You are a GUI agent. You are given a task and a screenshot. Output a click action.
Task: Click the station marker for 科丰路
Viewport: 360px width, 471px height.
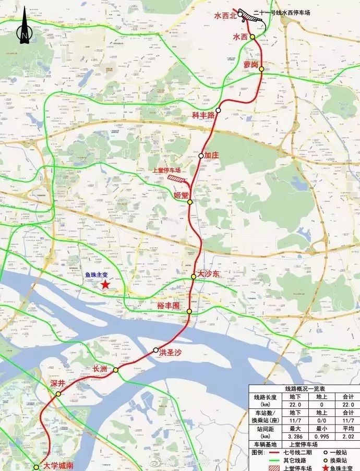pyautogui.click(x=219, y=111)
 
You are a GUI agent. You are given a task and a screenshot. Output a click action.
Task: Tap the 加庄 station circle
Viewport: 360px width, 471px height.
pyautogui.click(x=201, y=155)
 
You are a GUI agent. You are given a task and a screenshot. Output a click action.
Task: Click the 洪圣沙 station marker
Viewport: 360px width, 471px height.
pyautogui.click(x=156, y=349)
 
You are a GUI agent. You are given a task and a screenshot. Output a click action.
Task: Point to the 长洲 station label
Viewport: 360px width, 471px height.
pyautogui.click(x=100, y=369)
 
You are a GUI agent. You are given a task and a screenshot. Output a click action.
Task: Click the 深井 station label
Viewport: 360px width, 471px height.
pyautogui.click(x=57, y=383)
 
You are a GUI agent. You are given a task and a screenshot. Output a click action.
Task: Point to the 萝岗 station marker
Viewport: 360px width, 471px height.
pyautogui.click(x=261, y=69)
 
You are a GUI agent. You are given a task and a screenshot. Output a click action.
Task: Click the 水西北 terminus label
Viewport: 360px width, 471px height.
pyautogui.click(x=225, y=16)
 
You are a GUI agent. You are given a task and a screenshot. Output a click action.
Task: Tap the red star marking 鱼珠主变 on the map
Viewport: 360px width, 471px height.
pyautogui.click(x=105, y=285)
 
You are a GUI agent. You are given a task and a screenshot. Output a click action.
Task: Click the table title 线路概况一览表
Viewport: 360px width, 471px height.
pyautogui.click(x=305, y=389)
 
